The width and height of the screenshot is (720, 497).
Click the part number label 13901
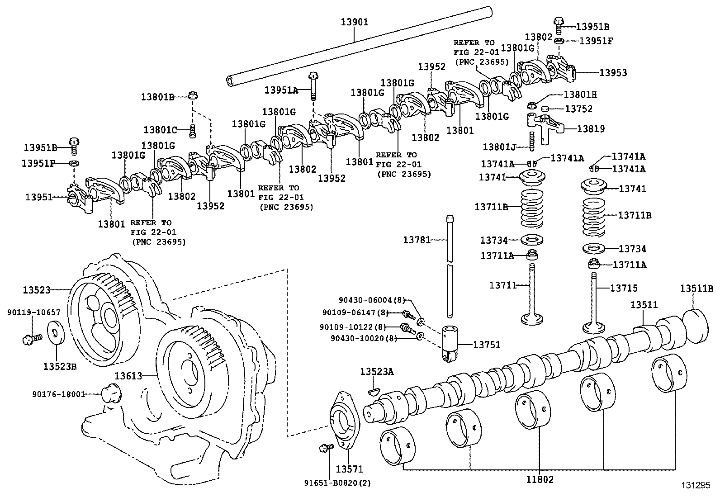point(354,22)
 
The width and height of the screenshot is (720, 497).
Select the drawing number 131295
point(699,485)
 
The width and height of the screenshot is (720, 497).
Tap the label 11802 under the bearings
point(540,479)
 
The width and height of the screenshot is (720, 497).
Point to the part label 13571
point(349,469)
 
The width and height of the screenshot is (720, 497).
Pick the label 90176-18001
point(59,394)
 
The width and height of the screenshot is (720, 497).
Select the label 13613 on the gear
point(128,376)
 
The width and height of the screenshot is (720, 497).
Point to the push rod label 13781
point(417,240)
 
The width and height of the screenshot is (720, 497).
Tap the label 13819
point(591,129)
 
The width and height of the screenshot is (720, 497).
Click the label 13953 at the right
point(613,72)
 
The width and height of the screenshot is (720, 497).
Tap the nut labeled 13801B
point(193,96)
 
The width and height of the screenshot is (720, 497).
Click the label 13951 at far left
point(39,197)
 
